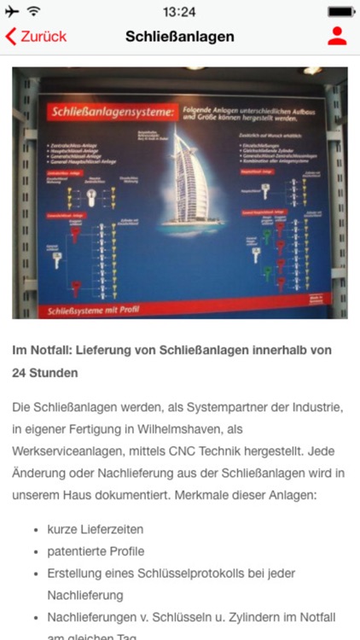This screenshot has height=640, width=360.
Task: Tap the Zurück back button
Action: [x=36, y=37]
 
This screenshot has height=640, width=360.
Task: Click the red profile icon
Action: [x=337, y=37]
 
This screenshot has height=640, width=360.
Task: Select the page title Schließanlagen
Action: [x=180, y=37]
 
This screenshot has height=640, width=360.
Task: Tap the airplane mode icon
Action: [x=12, y=12]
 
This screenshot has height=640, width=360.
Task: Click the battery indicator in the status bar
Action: [x=341, y=12]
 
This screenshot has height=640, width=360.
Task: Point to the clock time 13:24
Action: [x=179, y=12]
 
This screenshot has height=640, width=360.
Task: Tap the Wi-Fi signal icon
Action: [x=34, y=12]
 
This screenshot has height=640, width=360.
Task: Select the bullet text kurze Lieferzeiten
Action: [x=96, y=529]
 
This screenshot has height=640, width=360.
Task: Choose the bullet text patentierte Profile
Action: [x=96, y=551]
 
